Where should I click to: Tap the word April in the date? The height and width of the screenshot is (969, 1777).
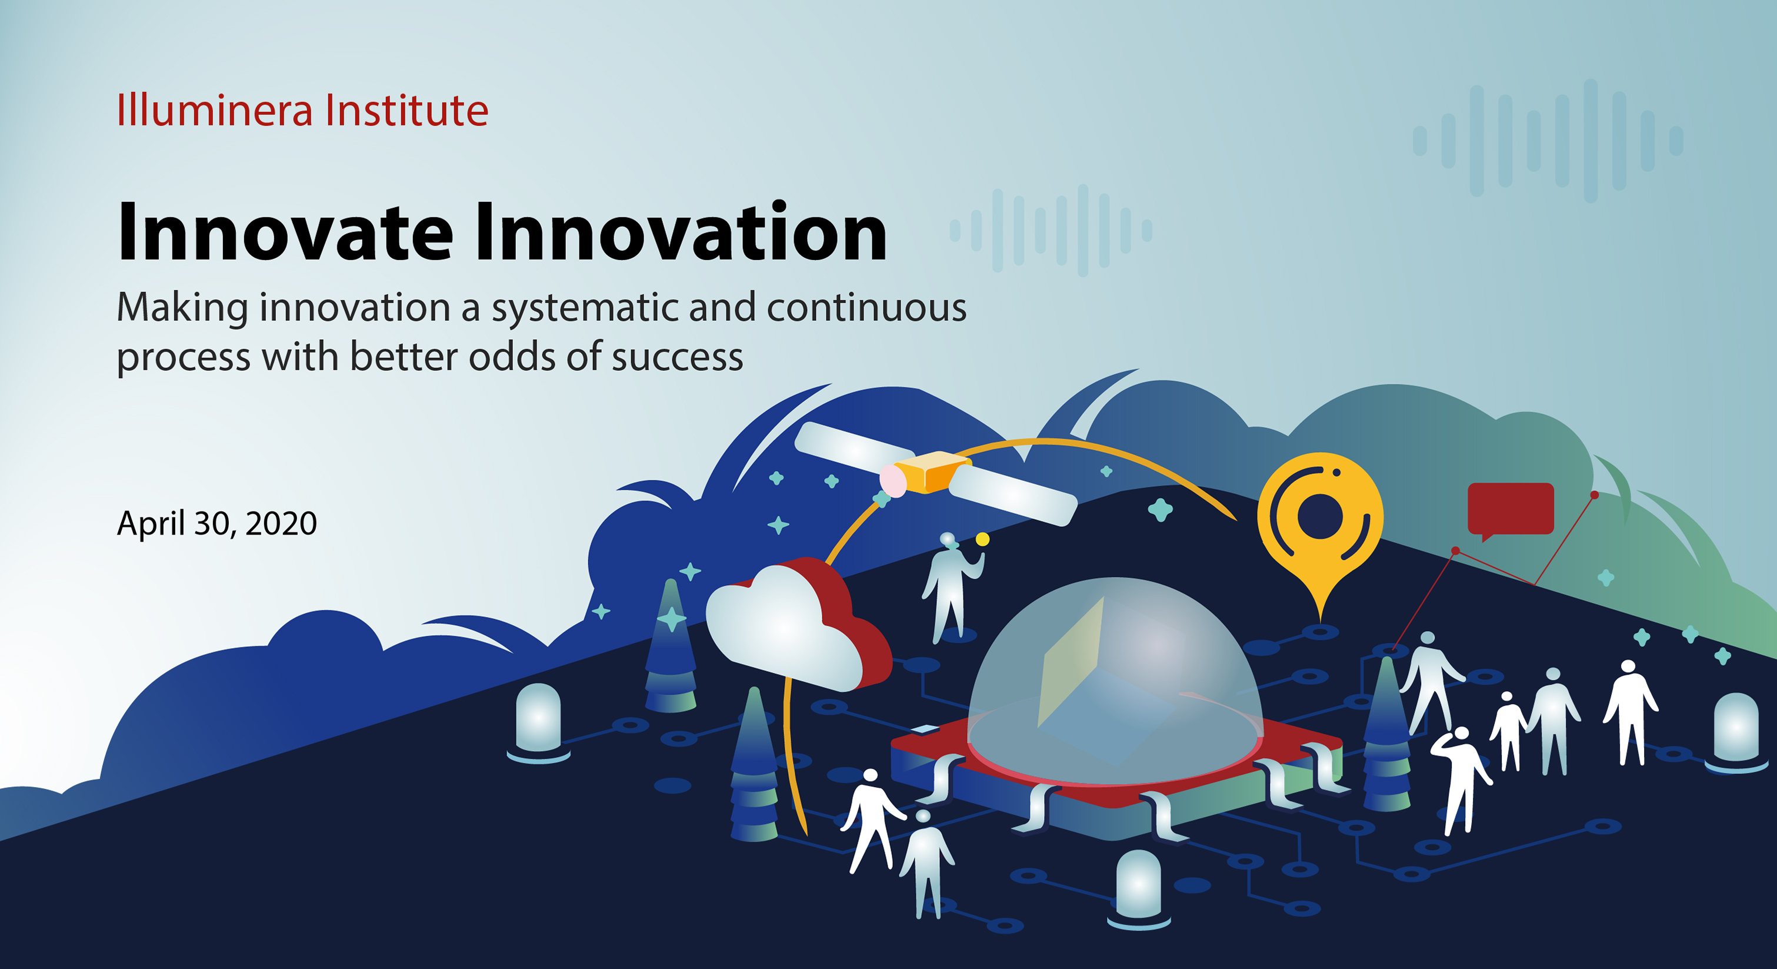point(151,524)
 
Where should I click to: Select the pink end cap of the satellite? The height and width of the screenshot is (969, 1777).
point(893,480)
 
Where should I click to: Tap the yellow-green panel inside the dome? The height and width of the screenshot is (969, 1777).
point(1071,662)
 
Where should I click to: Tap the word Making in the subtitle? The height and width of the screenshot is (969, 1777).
point(182,308)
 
